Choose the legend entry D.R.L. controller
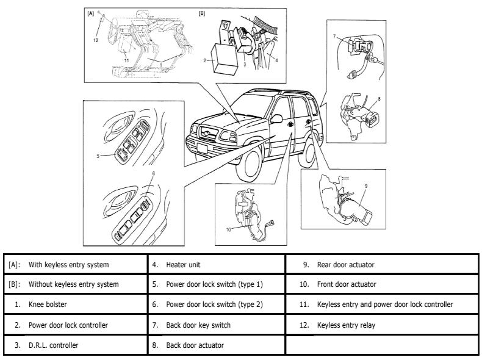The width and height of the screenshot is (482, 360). coord(55,345)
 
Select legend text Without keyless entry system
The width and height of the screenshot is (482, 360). coord(73,284)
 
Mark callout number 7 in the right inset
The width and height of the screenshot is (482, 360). coord(334,37)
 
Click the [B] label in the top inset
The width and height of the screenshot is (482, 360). coord(201,13)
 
